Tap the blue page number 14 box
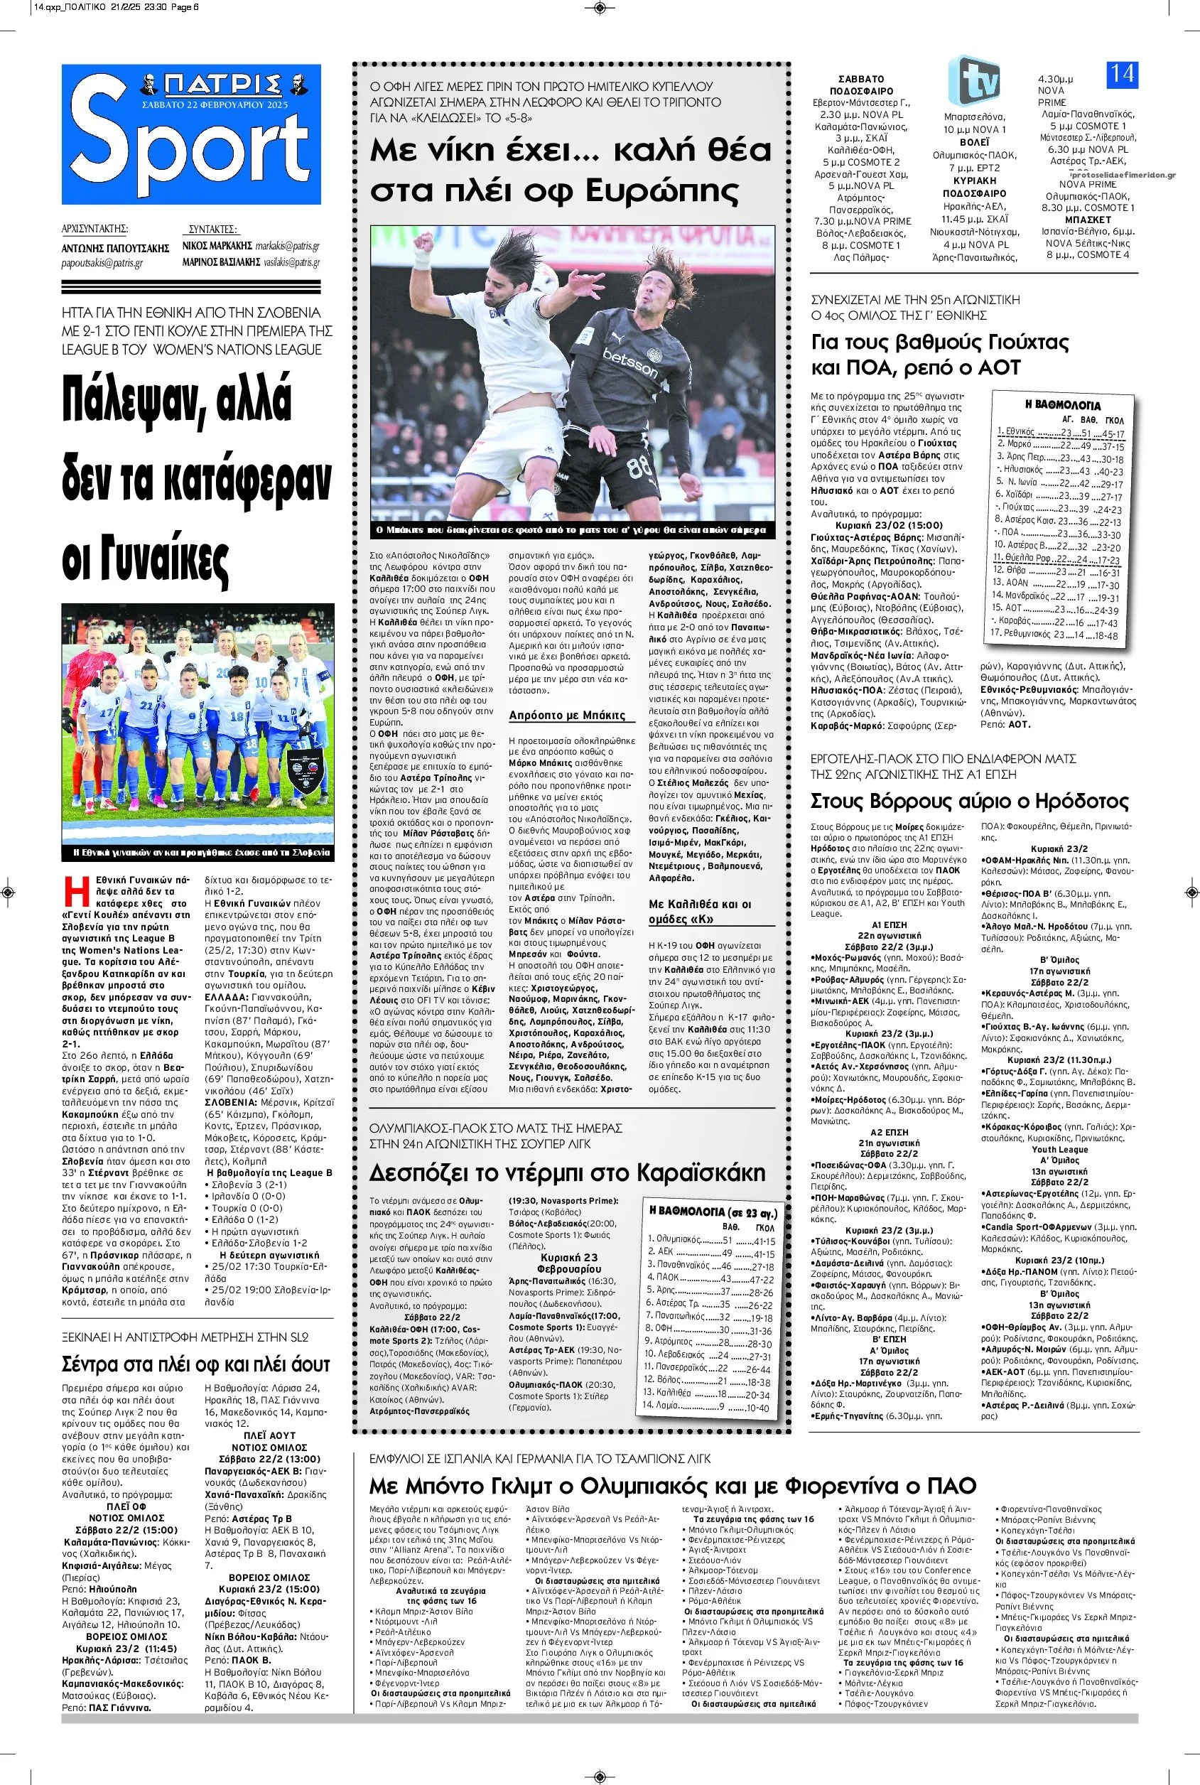[x=1121, y=75]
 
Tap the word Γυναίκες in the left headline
[x=146, y=561]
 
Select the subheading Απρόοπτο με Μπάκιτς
[x=567, y=715]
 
